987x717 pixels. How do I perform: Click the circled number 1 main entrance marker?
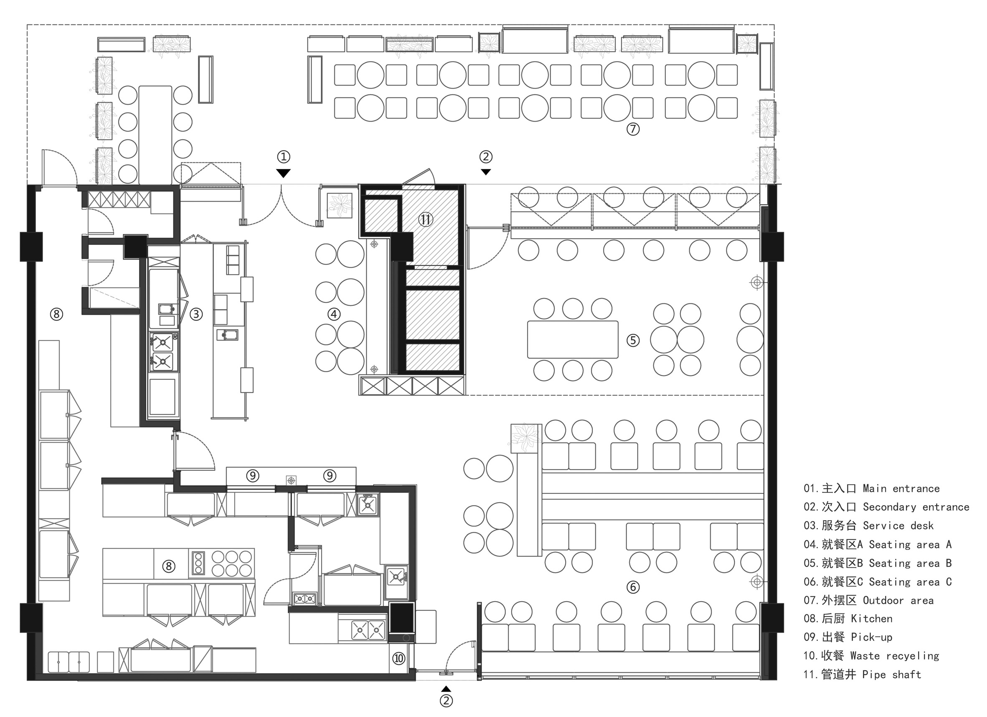(283, 157)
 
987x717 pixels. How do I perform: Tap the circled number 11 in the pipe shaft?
(425, 219)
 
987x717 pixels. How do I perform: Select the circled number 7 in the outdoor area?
(633, 129)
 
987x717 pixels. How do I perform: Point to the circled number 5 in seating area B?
(633, 340)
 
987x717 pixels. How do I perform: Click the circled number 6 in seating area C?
(633, 587)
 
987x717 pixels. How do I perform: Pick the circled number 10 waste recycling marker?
(398, 658)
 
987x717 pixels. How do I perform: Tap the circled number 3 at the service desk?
(196, 314)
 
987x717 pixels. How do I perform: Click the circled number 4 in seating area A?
(334, 314)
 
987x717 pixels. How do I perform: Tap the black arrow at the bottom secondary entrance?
(446, 689)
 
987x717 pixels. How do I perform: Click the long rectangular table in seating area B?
(573, 340)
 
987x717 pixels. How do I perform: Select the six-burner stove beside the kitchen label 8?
(231, 563)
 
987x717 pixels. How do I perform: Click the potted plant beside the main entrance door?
(340, 205)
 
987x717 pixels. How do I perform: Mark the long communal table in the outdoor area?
(155, 135)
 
